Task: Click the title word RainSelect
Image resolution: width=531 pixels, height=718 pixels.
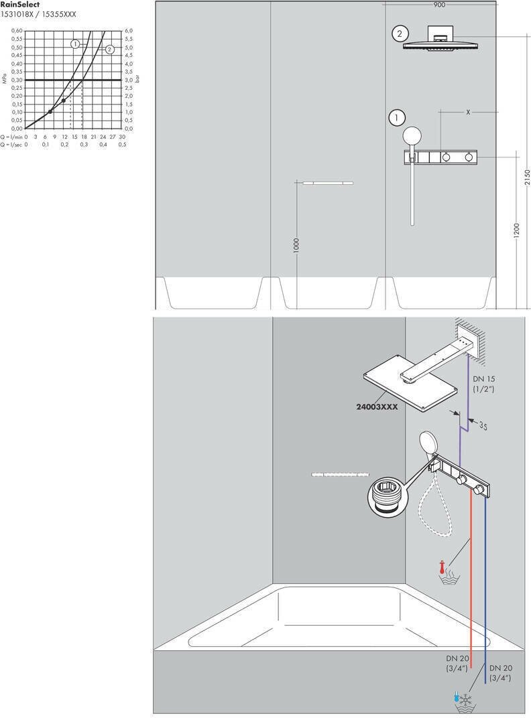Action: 20,5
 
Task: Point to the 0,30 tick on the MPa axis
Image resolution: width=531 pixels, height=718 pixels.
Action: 17,80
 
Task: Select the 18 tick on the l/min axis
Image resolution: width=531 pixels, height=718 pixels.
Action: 84,136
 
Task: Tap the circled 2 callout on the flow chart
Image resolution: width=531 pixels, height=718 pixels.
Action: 110,49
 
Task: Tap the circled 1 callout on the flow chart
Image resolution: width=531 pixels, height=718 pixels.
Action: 75,44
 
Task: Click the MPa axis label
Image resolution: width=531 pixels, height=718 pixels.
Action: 5,80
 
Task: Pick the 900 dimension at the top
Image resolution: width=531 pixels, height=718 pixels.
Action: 439,5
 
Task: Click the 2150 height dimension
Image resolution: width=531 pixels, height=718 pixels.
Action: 526,177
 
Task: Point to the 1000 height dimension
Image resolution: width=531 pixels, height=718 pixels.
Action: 296,244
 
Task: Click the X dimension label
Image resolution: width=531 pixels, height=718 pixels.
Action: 468,113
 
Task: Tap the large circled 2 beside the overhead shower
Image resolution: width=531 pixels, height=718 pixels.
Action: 400,33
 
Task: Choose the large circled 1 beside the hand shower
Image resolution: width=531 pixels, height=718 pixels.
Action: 396,118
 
